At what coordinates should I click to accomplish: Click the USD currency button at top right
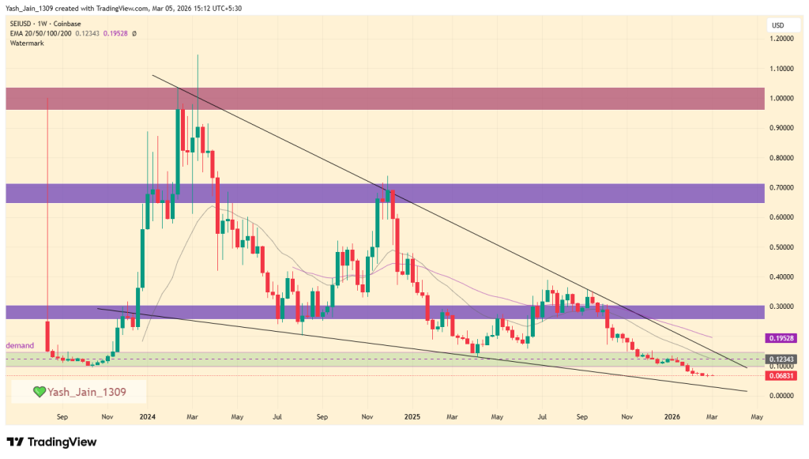777,26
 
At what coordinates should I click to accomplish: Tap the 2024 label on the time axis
145,416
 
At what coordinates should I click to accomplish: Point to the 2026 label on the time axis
672,416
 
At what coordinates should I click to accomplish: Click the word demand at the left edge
21,346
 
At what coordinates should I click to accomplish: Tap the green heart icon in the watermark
38,391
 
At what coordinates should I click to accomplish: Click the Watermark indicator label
27,43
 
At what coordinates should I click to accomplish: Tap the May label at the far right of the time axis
756,416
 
